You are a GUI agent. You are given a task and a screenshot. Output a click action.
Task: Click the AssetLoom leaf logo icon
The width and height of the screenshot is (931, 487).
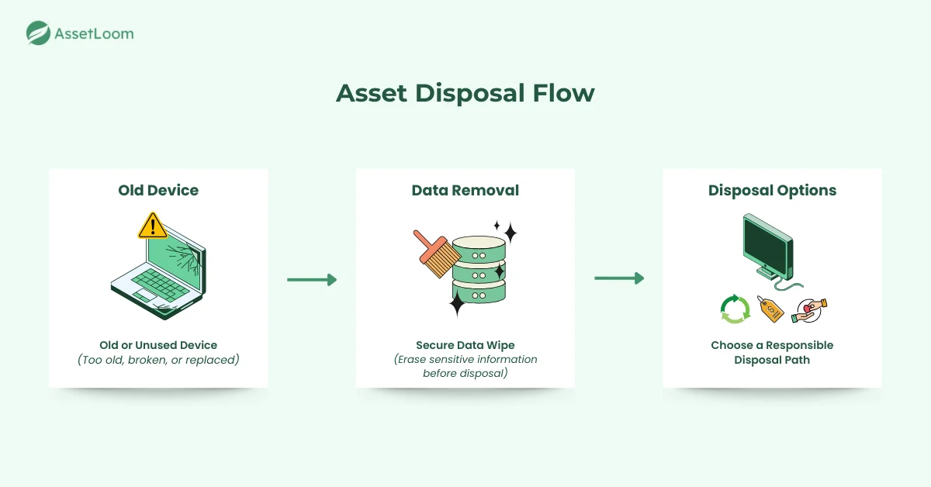click(x=38, y=33)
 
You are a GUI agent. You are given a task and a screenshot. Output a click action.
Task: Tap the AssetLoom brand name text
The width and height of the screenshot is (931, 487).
click(x=94, y=33)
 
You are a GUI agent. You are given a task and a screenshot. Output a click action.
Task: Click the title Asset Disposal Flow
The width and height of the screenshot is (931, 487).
click(x=465, y=93)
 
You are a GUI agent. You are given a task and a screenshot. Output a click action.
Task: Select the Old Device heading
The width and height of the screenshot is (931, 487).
click(x=158, y=190)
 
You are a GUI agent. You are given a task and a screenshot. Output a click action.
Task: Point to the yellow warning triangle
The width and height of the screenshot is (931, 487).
click(x=152, y=226)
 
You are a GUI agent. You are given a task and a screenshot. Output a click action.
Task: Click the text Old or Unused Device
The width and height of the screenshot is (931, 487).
click(x=158, y=345)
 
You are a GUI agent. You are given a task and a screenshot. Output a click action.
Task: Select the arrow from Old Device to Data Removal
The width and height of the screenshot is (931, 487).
click(x=312, y=279)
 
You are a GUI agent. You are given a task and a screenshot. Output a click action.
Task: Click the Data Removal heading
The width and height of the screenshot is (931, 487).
click(x=465, y=190)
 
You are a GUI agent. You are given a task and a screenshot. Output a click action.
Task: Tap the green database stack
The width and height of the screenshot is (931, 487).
click(x=479, y=268)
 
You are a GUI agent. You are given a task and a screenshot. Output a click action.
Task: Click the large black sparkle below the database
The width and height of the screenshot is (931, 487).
click(x=457, y=303)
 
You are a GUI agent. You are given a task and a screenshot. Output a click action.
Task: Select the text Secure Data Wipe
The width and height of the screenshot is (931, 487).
click(x=465, y=345)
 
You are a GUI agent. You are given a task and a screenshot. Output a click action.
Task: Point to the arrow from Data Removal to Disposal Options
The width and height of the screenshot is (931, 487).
click(x=619, y=278)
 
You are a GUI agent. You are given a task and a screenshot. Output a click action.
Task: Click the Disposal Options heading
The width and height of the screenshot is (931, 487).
click(x=772, y=190)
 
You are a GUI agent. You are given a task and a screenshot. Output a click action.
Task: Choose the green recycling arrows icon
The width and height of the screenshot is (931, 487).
click(x=735, y=309)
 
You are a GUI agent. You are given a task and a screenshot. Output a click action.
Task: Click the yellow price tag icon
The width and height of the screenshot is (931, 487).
click(x=771, y=309)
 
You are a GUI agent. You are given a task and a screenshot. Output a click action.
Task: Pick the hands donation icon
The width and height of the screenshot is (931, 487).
click(x=809, y=309)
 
